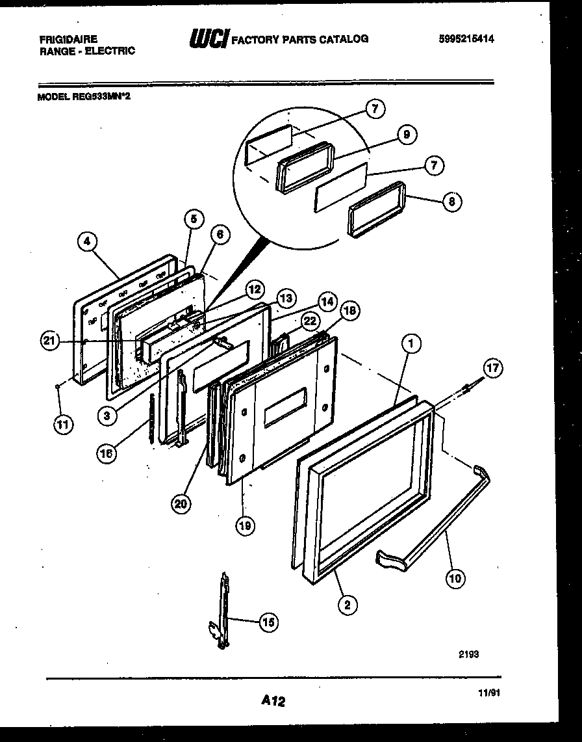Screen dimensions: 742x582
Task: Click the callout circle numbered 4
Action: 87,243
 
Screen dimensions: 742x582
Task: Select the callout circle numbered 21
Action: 49,340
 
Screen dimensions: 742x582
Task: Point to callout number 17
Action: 493,369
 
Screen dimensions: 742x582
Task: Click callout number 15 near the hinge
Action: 268,622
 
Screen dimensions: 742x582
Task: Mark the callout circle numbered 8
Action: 451,202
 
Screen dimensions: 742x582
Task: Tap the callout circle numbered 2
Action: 347,605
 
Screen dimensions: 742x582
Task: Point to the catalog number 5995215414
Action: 466,39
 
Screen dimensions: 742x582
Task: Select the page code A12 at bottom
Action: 273,701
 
